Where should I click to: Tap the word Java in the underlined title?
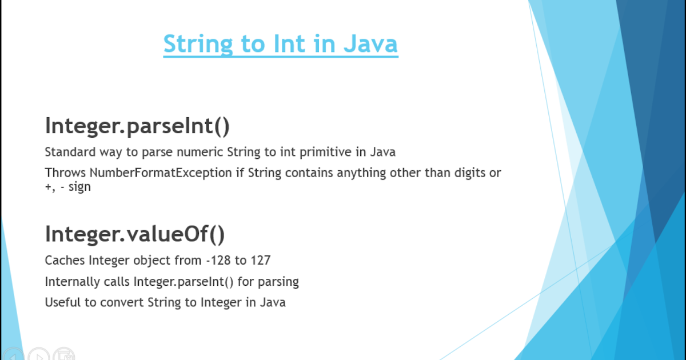(x=370, y=44)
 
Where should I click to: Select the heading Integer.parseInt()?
(x=137, y=126)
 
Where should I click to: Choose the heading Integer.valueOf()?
(x=135, y=234)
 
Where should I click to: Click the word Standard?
(x=70, y=152)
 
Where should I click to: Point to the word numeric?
(x=200, y=152)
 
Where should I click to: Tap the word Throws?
(x=65, y=173)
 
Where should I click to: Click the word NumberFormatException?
(x=161, y=173)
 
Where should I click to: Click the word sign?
(x=79, y=187)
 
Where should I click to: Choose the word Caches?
(x=65, y=260)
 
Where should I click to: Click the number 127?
(x=261, y=260)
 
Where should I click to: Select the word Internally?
(x=72, y=282)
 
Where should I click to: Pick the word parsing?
(x=278, y=282)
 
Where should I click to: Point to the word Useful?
(x=63, y=302)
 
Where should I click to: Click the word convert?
(x=122, y=302)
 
